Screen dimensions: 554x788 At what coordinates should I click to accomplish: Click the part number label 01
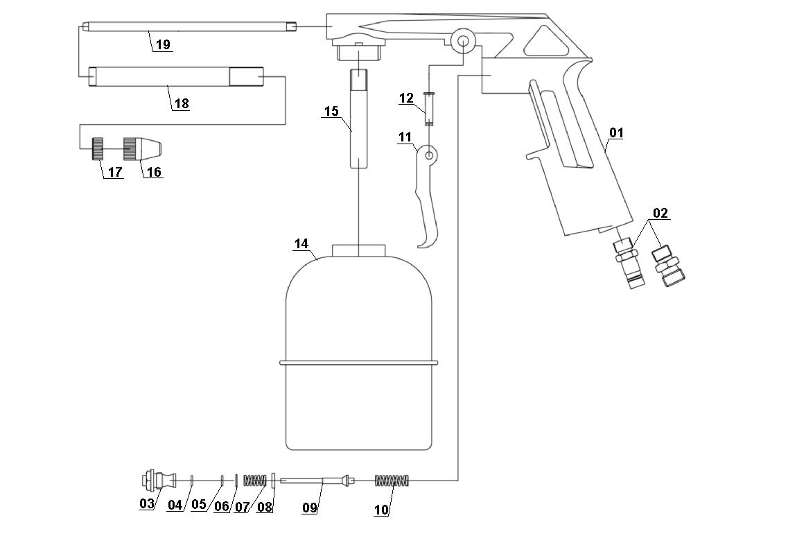(616, 132)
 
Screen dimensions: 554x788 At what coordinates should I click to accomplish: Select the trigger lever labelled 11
(427, 201)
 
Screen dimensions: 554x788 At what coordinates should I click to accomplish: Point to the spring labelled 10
(393, 480)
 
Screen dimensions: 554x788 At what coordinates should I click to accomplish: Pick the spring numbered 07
(255, 479)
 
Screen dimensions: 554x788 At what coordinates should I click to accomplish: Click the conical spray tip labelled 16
(142, 147)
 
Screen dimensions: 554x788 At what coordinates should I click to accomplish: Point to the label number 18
(181, 103)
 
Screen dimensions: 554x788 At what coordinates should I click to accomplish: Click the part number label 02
(660, 213)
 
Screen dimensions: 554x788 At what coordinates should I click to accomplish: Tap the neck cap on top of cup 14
(358, 250)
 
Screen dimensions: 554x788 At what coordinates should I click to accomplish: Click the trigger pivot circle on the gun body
(460, 40)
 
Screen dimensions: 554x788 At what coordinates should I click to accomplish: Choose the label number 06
(222, 505)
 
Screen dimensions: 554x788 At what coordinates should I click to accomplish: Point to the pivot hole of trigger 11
(429, 155)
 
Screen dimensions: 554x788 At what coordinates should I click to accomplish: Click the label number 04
(174, 505)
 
